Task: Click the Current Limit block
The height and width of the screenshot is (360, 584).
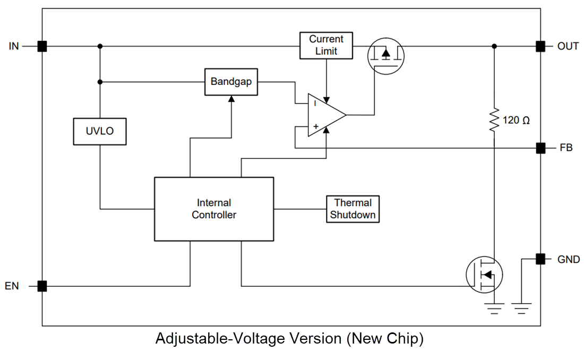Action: [x=326, y=46]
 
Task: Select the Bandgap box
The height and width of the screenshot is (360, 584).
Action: [x=231, y=82]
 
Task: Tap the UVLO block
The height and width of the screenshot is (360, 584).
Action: [x=100, y=131]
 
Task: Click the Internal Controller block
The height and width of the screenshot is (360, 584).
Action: [x=214, y=209]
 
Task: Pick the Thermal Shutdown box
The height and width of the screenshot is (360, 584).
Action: [x=353, y=209]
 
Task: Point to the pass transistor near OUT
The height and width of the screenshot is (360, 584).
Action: [x=386, y=55]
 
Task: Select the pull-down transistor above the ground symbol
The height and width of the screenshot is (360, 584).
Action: [x=484, y=274]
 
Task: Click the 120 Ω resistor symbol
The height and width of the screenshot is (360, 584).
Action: [x=494, y=121]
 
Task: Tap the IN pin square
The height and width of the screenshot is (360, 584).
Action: [x=42, y=46]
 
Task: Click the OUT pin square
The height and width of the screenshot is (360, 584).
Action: [x=540, y=46]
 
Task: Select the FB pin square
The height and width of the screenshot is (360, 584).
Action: [x=540, y=148]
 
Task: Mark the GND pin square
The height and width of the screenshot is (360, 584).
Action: [x=540, y=259]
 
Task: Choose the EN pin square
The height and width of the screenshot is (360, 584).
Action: [x=42, y=286]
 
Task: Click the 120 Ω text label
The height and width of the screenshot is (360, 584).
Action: [x=516, y=121]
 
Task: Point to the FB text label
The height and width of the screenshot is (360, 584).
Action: [x=566, y=148]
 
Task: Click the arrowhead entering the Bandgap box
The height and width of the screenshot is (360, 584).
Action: [x=231, y=99]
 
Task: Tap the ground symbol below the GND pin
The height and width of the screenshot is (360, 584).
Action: [x=522, y=307]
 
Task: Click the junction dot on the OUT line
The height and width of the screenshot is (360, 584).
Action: [x=494, y=46]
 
